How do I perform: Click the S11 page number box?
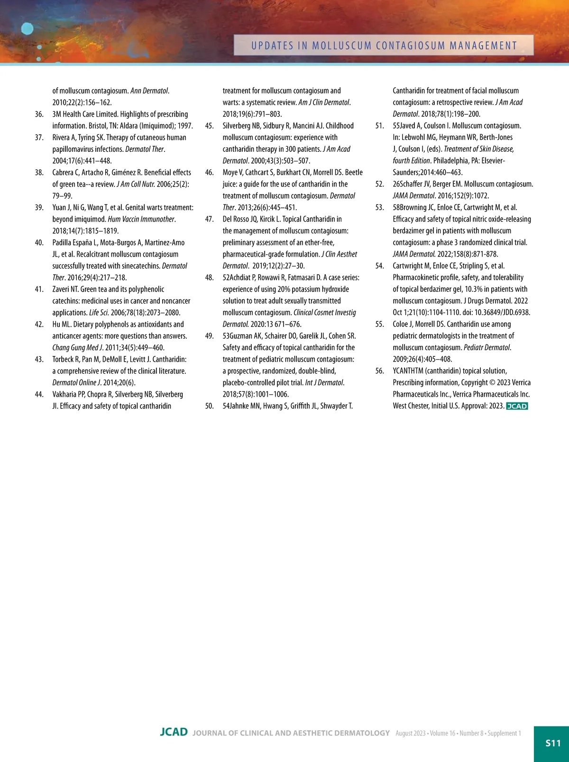click(x=552, y=743)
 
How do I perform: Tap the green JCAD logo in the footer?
click(x=174, y=732)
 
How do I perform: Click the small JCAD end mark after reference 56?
click(x=517, y=406)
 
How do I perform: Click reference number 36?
click(x=39, y=114)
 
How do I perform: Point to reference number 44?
click(x=39, y=394)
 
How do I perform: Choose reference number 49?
click(x=209, y=336)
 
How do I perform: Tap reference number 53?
click(x=379, y=207)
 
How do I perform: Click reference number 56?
click(x=379, y=371)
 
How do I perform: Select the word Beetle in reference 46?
click(x=354, y=173)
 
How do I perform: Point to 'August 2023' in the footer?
click(x=410, y=734)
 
